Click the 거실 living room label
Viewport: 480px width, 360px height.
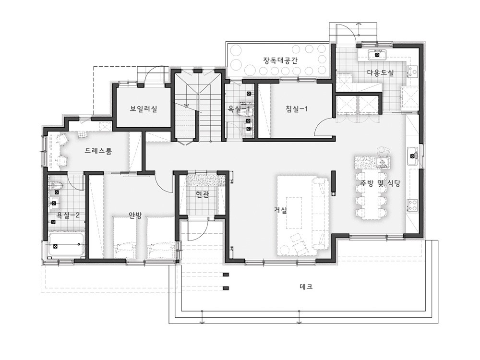[x=280, y=210]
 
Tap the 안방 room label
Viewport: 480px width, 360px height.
[x=135, y=215]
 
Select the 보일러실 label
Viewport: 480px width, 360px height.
[x=144, y=108]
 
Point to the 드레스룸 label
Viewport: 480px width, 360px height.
[x=98, y=151]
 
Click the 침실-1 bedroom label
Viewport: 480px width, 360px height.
[x=297, y=108]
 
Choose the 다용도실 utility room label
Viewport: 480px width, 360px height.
[x=381, y=73]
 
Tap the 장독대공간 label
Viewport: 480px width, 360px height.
[x=280, y=60]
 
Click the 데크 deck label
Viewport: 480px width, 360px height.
[x=306, y=287]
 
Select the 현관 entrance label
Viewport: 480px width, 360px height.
[x=203, y=194]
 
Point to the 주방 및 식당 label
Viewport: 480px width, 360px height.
[x=380, y=183]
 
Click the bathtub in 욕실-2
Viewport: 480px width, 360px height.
[x=66, y=245]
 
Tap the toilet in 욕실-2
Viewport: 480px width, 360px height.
[x=57, y=185]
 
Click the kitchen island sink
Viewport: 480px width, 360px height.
[x=383, y=162]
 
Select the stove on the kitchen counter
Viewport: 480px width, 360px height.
[x=412, y=205]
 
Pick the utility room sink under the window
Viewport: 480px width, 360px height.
[x=377, y=55]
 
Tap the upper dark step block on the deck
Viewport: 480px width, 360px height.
[x=226, y=275]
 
